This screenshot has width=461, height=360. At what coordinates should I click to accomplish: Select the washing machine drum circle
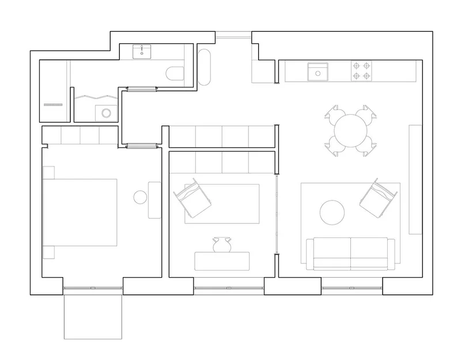coord(105,112)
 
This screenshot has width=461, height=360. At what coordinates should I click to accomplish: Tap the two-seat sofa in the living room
coord(350,253)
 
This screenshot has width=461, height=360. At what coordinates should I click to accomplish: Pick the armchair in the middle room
coord(194,198)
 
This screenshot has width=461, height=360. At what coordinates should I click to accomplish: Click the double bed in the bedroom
coord(81,212)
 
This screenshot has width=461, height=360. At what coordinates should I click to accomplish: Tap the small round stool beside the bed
coord(141,198)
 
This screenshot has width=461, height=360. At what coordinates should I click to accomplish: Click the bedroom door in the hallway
coord(141,146)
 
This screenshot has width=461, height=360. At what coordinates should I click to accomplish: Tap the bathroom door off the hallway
coord(141,88)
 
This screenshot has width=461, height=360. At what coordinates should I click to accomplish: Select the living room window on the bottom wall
coord(352,287)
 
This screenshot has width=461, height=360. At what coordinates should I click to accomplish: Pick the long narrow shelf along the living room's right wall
coord(414,179)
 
